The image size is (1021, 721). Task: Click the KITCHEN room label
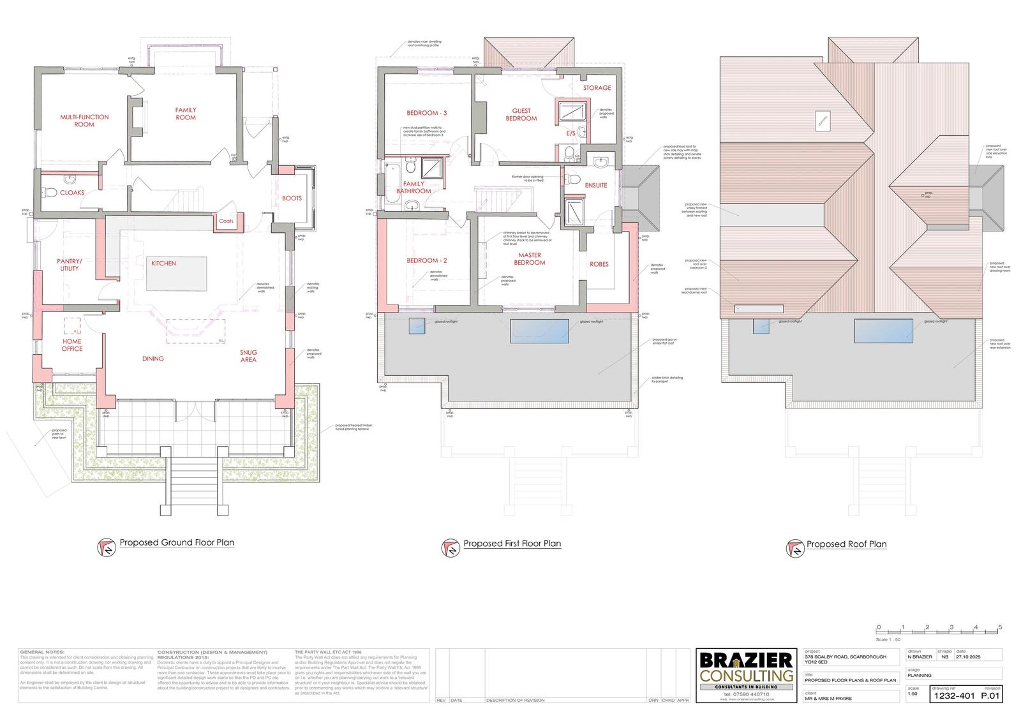[163, 264]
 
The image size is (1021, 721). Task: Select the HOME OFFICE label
[72, 345]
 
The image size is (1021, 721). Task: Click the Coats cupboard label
[226, 221]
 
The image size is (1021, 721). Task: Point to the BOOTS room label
[292, 198]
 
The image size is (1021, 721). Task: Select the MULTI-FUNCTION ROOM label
[84, 121]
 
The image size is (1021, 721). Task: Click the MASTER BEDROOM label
[530, 258]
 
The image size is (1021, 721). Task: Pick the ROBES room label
[599, 264]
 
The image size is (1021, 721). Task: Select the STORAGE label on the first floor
[597, 88]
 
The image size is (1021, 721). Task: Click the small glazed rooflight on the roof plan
[761, 326]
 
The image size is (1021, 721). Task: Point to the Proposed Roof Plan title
[846, 544]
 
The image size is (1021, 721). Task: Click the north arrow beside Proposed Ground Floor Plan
[107, 547]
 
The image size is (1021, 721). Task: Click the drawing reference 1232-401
[954, 696]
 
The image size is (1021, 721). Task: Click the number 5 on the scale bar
[1000, 627]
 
